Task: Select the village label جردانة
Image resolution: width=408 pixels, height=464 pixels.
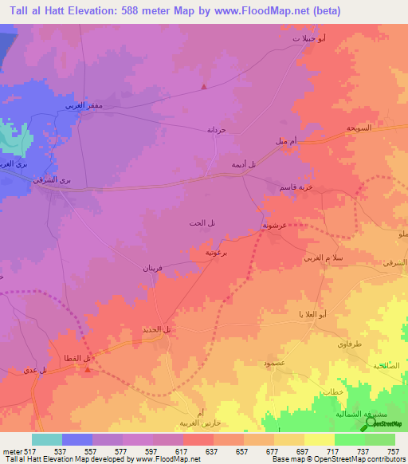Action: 218,129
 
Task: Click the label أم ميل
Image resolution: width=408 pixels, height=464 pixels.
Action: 287,141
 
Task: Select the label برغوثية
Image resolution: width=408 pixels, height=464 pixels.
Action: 218,252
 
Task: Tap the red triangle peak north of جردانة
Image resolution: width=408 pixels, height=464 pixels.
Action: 206,86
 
